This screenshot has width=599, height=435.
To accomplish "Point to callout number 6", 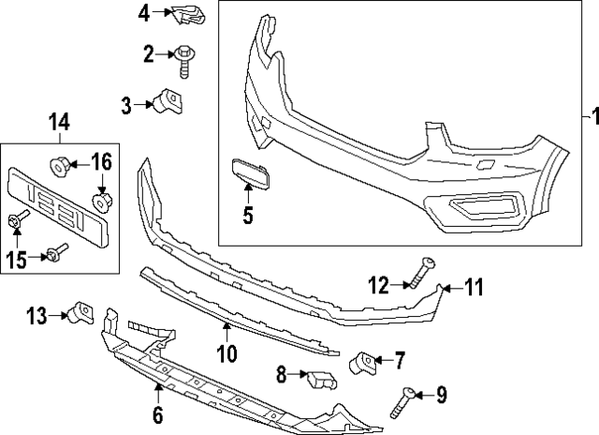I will point(157,413).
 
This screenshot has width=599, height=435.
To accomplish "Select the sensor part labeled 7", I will point(364,362).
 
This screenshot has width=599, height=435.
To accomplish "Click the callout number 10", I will point(227,353).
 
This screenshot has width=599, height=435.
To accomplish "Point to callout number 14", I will point(58,121).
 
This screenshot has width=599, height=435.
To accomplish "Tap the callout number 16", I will point(102,162).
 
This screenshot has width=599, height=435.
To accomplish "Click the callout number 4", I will point(143,13).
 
